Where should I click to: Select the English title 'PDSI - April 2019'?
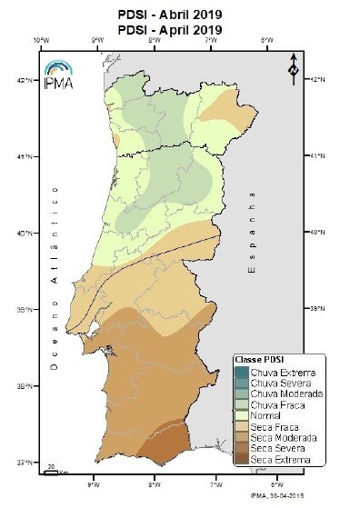[x=180, y=29]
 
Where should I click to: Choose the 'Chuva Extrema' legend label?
[x=277, y=372]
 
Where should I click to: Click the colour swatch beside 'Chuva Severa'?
[x=240, y=383]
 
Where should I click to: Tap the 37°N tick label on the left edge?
[x=30, y=463]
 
